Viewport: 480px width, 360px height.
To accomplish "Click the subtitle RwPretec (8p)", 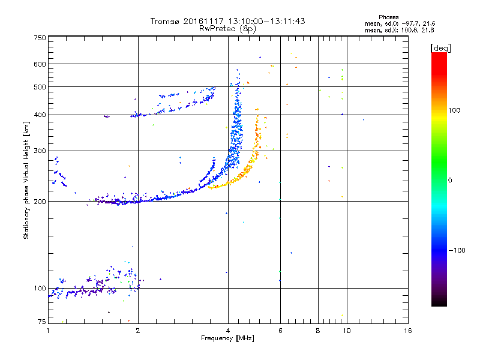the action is pyautogui.click(x=227, y=29).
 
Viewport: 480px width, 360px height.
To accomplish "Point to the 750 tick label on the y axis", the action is pyautogui.click(x=40, y=38).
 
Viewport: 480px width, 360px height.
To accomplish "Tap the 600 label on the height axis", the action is pyautogui.click(x=40, y=64).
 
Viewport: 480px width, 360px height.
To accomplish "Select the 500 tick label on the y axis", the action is pyautogui.click(x=40, y=87).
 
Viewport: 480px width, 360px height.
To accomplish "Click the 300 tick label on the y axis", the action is pyautogui.click(x=40, y=151).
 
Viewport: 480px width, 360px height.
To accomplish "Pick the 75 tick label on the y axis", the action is pyautogui.click(x=42, y=322).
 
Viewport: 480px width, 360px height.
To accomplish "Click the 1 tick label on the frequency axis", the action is pyautogui.click(x=48, y=331).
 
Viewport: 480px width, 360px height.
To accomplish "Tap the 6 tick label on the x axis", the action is pyautogui.click(x=280, y=331).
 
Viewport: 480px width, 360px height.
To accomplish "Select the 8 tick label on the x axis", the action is pyautogui.click(x=318, y=331).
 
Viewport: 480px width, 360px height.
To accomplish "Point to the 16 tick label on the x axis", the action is pyautogui.click(x=408, y=331).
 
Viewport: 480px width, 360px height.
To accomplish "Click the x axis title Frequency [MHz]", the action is pyautogui.click(x=227, y=338).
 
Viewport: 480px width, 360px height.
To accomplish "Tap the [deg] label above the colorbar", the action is pyautogui.click(x=441, y=48).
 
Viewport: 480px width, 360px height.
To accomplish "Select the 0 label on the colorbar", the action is pyautogui.click(x=450, y=181).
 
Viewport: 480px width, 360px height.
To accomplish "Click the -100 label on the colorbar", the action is pyautogui.click(x=457, y=250).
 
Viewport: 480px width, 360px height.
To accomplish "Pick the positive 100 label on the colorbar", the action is pyautogui.click(x=454, y=110).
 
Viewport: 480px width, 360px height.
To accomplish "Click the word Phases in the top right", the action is pyautogui.click(x=388, y=17).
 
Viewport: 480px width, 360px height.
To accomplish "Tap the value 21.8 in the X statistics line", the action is pyautogui.click(x=428, y=31).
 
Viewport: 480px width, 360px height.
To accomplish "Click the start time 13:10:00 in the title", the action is pyautogui.click(x=245, y=21).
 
